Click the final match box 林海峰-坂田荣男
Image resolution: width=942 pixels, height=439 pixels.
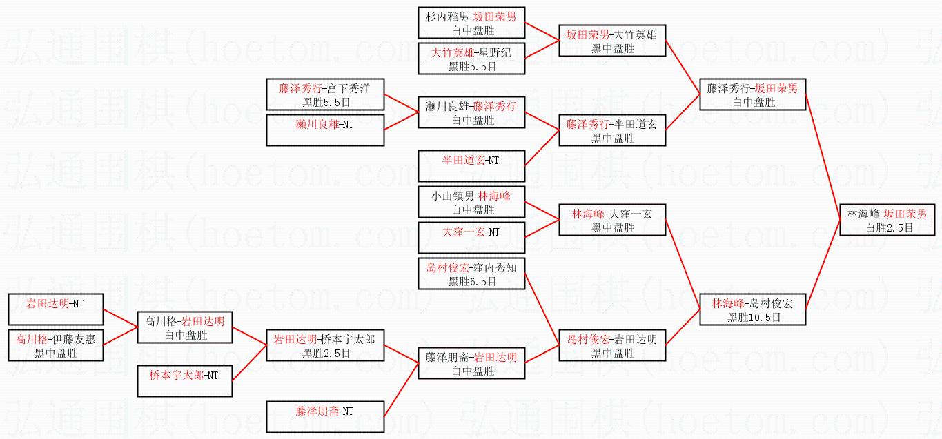(x=887, y=220)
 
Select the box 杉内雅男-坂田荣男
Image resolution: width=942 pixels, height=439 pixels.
(x=471, y=23)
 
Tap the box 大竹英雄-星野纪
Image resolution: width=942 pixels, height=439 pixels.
(x=471, y=59)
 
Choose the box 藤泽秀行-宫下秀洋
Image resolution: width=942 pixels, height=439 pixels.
(x=325, y=94)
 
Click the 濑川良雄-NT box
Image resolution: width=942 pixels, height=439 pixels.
(x=325, y=130)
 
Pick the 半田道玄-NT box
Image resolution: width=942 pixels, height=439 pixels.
(x=471, y=166)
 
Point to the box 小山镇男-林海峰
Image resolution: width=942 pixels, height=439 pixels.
(x=471, y=202)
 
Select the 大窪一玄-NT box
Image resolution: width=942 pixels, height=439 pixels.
(x=471, y=238)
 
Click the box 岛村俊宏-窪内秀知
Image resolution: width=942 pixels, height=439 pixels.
(x=471, y=274)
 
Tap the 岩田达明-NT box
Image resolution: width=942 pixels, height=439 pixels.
(x=55, y=309)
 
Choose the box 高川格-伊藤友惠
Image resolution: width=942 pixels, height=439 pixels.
(x=55, y=345)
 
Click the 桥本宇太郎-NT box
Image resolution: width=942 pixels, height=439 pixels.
(x=185, y=381)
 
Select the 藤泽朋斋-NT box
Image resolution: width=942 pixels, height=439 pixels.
(x=325, y=417)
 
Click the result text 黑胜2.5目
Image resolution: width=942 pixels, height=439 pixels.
(x=326, y=354)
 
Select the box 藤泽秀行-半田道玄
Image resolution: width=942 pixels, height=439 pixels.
(x=612, y=130)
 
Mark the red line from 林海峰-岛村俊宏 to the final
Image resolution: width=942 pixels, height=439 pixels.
(x=823, y=265)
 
